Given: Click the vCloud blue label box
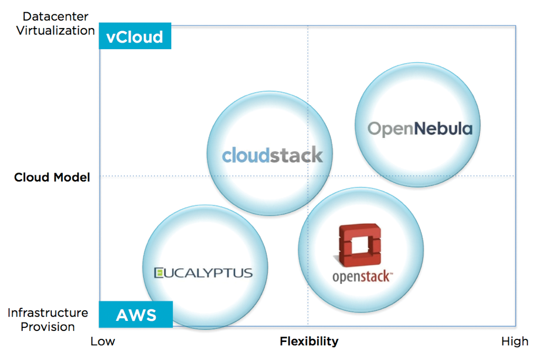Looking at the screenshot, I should [x=135, y=36].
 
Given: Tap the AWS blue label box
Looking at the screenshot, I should [x=136, y=315].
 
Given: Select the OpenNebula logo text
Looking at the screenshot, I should [x=420, y=128].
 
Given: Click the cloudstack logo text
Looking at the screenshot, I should [x=272, y=155].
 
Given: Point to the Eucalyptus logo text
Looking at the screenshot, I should [x=203, y=273].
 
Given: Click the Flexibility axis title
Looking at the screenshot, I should [x=309, y=341].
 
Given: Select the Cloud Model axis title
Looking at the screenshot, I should [x=52, y=177].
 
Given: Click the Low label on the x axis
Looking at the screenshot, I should [x=102, y=341].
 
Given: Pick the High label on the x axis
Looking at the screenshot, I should [x=515, y=341].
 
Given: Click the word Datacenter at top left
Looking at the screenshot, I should [x=55, y=17].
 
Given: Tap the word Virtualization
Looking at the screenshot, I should [x=55, y=31].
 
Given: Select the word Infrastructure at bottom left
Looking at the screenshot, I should [x=48, y=313].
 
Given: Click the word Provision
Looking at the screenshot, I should [x=48, y=327].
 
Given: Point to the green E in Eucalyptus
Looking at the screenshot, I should [x=158, y=273].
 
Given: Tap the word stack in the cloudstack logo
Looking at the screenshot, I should [x=297, y=155].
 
